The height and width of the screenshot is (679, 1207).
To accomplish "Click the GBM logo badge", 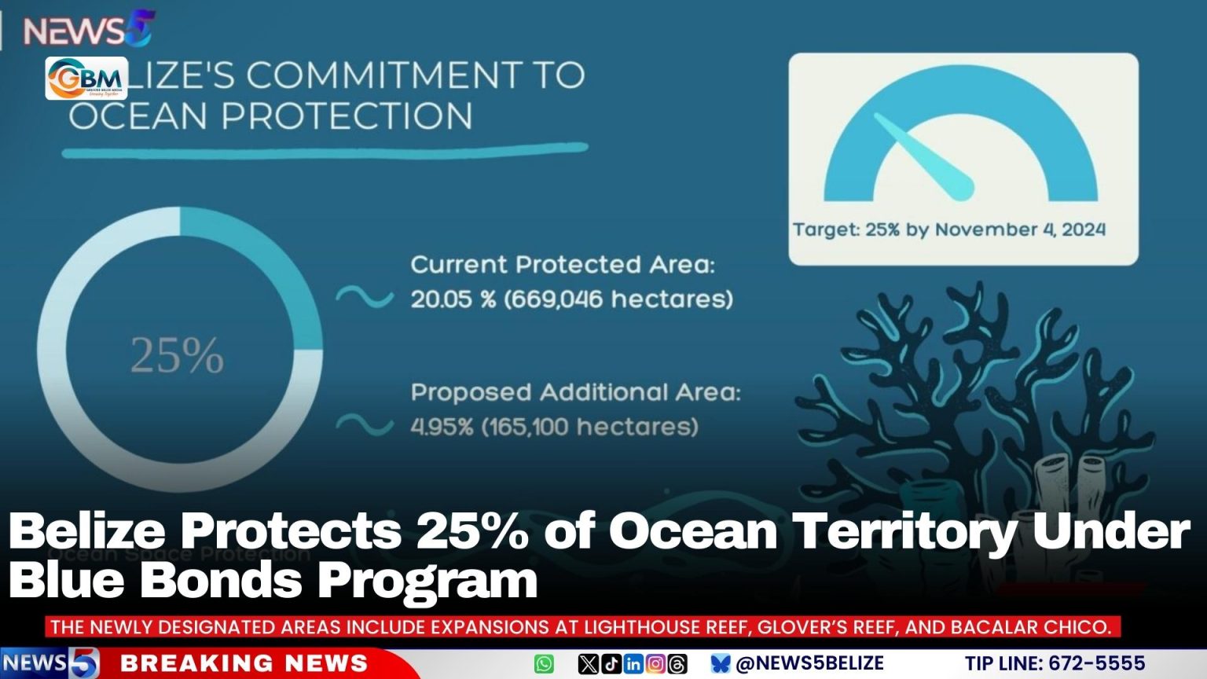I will click(86, 79).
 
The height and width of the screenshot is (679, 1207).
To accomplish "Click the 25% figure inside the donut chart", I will click(177, 355).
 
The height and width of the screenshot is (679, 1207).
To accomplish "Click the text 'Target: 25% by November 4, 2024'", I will click(948, 229).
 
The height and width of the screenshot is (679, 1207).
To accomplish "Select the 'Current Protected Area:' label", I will click(563, 265).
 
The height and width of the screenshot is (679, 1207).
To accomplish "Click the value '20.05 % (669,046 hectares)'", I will click(571, 299).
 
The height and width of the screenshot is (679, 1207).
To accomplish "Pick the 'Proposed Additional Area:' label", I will click(575, 392).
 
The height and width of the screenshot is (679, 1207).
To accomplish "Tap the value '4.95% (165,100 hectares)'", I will click(554, 427).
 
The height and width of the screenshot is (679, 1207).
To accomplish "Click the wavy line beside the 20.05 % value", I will click(365, 297).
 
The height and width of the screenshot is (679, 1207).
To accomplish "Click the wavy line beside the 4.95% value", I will click(365, 425).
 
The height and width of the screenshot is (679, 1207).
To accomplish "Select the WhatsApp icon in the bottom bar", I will click(544, 664).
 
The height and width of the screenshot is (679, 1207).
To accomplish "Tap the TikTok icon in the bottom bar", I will click(611, 664).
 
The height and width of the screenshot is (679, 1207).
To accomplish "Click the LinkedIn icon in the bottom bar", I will click(633, 664).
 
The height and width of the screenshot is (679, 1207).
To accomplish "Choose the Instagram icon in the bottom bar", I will click(655, 664).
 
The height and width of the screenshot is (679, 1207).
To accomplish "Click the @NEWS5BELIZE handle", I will click(809, 664).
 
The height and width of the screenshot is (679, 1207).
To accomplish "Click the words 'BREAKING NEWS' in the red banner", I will click(244, 664).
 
